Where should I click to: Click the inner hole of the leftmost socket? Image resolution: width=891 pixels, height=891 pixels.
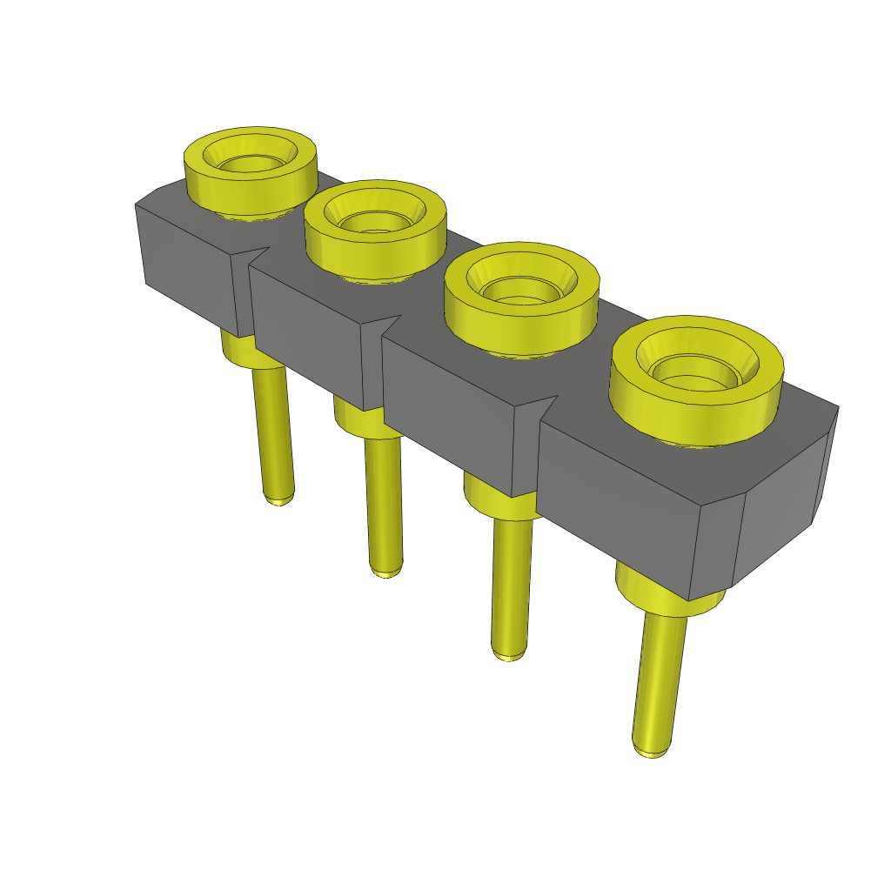pos(250,164)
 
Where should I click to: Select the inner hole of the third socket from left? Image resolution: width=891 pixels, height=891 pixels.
pos(520,290)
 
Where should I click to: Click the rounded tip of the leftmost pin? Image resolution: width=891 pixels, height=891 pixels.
pos(278,499)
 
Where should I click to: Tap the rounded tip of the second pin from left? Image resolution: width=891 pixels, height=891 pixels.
pos(386,572)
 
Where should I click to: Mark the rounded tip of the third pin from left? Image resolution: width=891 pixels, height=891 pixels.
pos(509,653)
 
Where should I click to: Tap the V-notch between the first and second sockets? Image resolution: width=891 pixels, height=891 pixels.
pos(258,253)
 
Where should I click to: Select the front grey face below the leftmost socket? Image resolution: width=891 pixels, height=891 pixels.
pos(187,265)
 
